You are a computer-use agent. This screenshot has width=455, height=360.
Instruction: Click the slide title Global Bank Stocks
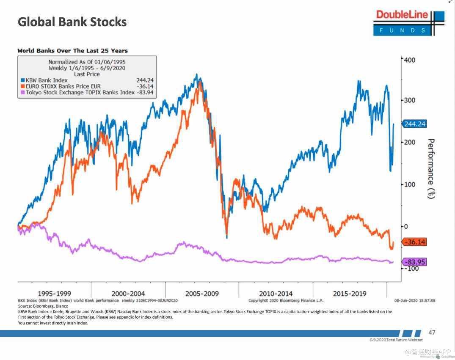pos(72,22)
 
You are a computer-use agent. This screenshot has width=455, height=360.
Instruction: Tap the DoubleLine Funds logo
pos(408,22)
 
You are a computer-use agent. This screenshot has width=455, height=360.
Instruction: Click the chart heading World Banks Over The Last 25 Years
pos(72,51)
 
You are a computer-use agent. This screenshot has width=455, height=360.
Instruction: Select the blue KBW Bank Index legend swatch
pos(22,80)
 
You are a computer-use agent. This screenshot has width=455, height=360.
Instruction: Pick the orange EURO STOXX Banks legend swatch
pos(22,86)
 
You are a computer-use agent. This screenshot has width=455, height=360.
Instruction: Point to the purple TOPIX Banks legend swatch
pos(22,92)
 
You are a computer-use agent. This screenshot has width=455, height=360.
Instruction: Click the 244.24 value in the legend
pos(145,80)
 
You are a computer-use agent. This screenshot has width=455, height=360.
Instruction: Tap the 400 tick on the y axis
pos(409,60)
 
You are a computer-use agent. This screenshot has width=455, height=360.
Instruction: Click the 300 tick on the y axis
pos(409,100)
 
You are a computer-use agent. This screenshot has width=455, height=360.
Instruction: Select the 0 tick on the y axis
pos(405,226)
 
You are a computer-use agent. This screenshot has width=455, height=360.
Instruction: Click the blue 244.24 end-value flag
pos(414,124)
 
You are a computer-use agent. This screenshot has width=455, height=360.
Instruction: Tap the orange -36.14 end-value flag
pos(414,242)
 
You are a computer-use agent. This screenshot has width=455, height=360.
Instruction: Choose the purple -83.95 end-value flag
pos(414,262)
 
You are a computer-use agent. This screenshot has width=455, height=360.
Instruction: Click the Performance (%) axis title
pos(431,168)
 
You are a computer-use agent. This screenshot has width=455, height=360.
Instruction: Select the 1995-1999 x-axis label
pos(55,293)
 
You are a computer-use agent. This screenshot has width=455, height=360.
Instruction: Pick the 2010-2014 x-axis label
pos(276,293)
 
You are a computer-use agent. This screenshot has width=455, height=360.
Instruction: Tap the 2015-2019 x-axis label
pos(350,293)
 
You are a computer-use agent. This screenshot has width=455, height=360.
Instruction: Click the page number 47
pos(432,333)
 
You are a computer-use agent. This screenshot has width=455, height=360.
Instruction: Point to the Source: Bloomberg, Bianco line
pos(43,306)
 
